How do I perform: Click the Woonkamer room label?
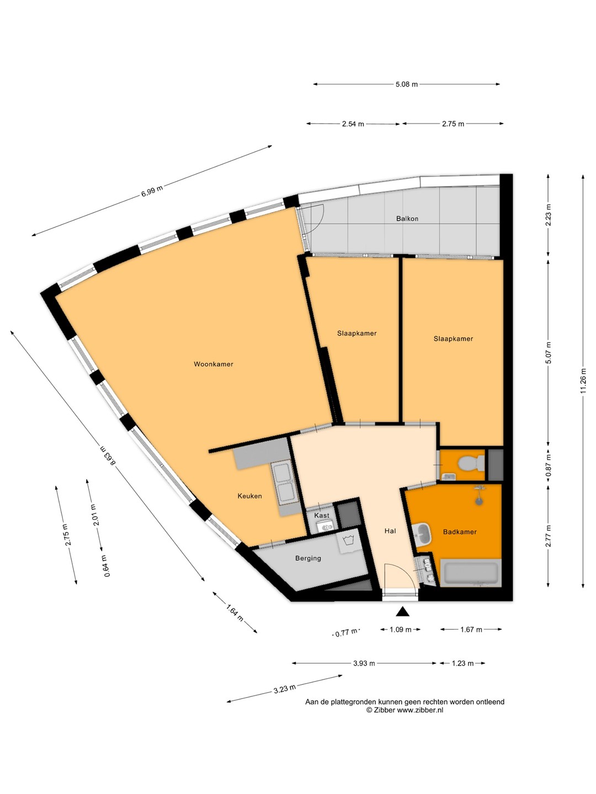coord(213,364)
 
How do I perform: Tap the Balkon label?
coord(407,218)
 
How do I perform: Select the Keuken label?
coord(249,496)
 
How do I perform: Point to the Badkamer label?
coord(460,532)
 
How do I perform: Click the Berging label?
coord(308,558)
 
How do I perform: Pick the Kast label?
coord(322,515)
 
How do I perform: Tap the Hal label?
coord(390,530)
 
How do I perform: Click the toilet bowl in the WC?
coord(471,463)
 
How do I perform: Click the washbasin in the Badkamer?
coord(422,534)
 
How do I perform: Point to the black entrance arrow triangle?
coord(402,611)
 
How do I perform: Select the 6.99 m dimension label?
coord(152,190)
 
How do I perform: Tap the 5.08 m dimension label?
coord(406,84)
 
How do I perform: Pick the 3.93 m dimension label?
coord(364,663)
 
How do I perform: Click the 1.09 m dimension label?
coord(400,630)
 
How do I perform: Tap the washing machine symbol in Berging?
coord(349,541)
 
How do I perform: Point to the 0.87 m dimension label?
coord(549,465)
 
